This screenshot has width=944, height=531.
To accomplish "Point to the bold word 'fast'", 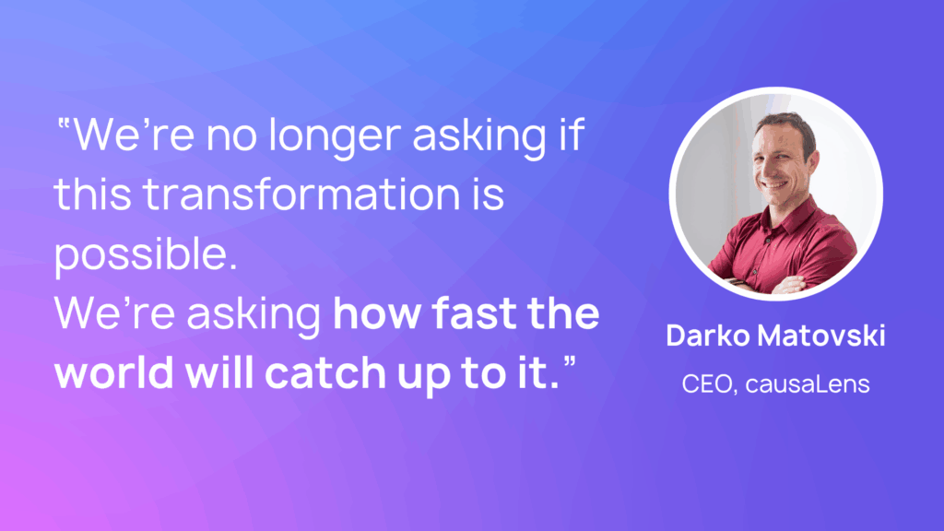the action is (x=474, y=313).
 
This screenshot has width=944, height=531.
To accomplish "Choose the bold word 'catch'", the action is (x=325, y=372).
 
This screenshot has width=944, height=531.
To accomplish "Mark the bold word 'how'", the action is (x=376, y=313).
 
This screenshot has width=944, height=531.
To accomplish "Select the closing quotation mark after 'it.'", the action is (x=570, y=360).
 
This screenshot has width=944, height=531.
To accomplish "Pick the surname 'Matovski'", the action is (x=821, y=336).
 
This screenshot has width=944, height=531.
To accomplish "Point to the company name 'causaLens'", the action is (x=808, y=384).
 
